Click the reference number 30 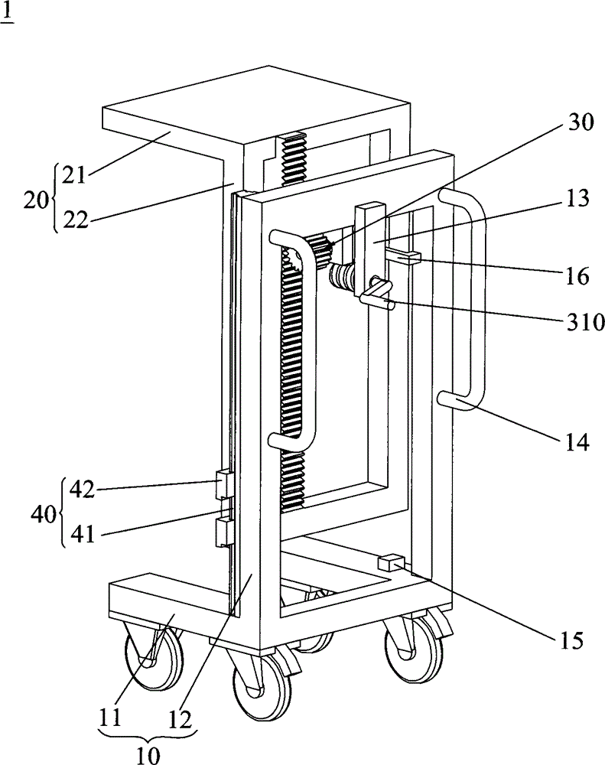click(x=581, y=122)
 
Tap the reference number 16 click(x=577, y=277)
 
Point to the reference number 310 click(x=585, y=323)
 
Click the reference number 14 click(x=577, y=443)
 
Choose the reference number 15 click(x=571, y=641)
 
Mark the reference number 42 click(x=82, y=490)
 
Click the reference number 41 click(x=82, y=536)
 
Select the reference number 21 click(x=75, y=175)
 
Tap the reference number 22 click(x=76, y=220)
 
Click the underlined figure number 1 click(x=8, y=15)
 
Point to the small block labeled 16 click(x=405, y=256)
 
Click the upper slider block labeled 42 click(x=225, y=484)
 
